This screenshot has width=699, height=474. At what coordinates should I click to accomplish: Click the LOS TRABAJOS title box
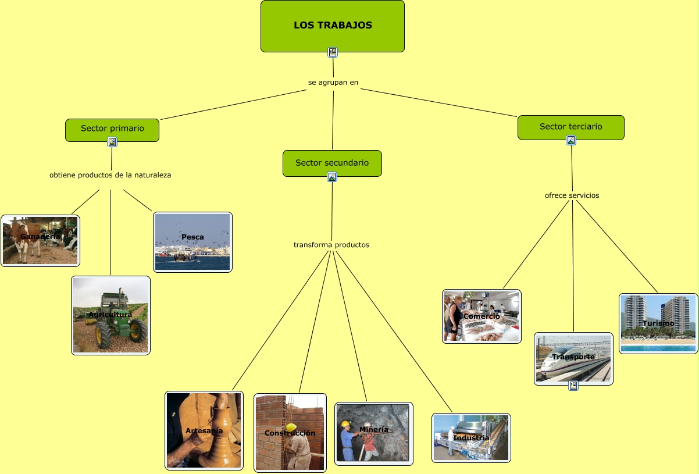[x=332, y=26]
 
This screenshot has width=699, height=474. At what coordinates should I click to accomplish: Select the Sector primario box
[x=112, y=129]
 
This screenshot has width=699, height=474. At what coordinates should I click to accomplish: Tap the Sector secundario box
[x=332, y=162]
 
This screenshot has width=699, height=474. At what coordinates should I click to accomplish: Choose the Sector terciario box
[x=570, y=127]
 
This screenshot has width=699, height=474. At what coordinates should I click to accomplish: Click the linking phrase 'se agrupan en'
[x=333, y=82]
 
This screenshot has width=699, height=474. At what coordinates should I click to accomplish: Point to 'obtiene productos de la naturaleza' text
[x=110, y=174]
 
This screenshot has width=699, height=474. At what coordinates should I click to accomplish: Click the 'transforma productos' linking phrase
[x=331, y=245]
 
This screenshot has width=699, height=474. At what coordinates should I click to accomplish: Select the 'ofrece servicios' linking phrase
[x=572, y=195]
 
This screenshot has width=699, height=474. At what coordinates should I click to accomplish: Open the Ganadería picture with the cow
[x=40, y=240]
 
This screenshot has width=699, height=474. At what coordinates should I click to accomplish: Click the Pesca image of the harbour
[x=192, y=242]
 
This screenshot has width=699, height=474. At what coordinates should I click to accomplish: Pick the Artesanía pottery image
[x=204, y=430]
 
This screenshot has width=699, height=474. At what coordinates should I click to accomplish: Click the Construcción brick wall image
[x=290, y=433]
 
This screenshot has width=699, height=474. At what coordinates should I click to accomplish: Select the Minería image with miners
[x=373, y=433]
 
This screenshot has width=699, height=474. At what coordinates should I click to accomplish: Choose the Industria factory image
[x=471, y=437]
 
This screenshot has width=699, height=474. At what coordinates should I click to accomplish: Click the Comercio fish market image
[x=482, y=316]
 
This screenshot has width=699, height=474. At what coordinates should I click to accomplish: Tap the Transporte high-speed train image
[x=573, y=358]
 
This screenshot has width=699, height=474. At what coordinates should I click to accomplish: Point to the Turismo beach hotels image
[x=658, y=323]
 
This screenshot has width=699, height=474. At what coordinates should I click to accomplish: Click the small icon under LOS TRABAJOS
[x=333, y=52]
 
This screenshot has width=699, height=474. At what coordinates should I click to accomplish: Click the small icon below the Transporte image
[x=573, y=385]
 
